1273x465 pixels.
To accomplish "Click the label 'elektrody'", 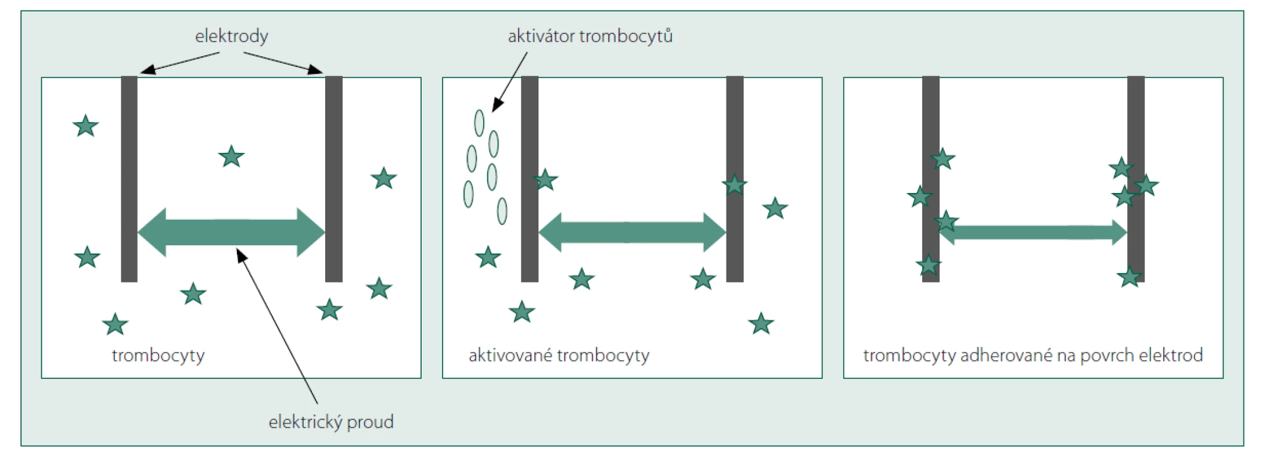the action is pyautogui.click(x=231, y=37).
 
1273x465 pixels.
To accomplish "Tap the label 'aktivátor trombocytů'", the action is pyautogui.click(x=590, y=36).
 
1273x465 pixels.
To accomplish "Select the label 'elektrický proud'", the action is pyautogui.click(x=331, y=421).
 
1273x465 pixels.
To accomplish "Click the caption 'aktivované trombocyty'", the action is pyautogui.click(x=559, y=355).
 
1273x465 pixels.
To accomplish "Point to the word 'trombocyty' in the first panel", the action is pyautogui.click(x=158, y=355).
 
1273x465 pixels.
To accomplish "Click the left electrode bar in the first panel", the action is pyautogui.click(x=129, y=179).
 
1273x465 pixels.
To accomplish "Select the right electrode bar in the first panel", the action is pyautogui.click(x=333, y=179).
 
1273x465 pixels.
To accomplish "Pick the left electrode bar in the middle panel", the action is pyautogui.click(x=530, y=179).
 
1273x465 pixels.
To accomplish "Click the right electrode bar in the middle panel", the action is pyautogui.click(x=735, y=179).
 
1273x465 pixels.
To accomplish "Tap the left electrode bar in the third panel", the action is pyautogui.click(x=930, y=179).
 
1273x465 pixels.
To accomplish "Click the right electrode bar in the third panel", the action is pyautogui.click(x=1136, y=179).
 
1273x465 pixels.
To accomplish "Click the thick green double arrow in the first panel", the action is pyautogui.click(x=231, y=233).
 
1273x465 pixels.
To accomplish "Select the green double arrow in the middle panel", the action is pyautogui.click(x=632, y=233).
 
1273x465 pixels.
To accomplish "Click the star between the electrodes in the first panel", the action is pyautogui.click(x=231, y=156).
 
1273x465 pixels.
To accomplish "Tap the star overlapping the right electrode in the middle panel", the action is pyautogui.click(x=735, y=185).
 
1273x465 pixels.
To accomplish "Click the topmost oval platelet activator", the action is pyautogui.click(x=479, y=123).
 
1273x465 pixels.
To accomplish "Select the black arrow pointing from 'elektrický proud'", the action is pyautogui.click(x=278, y=326).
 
